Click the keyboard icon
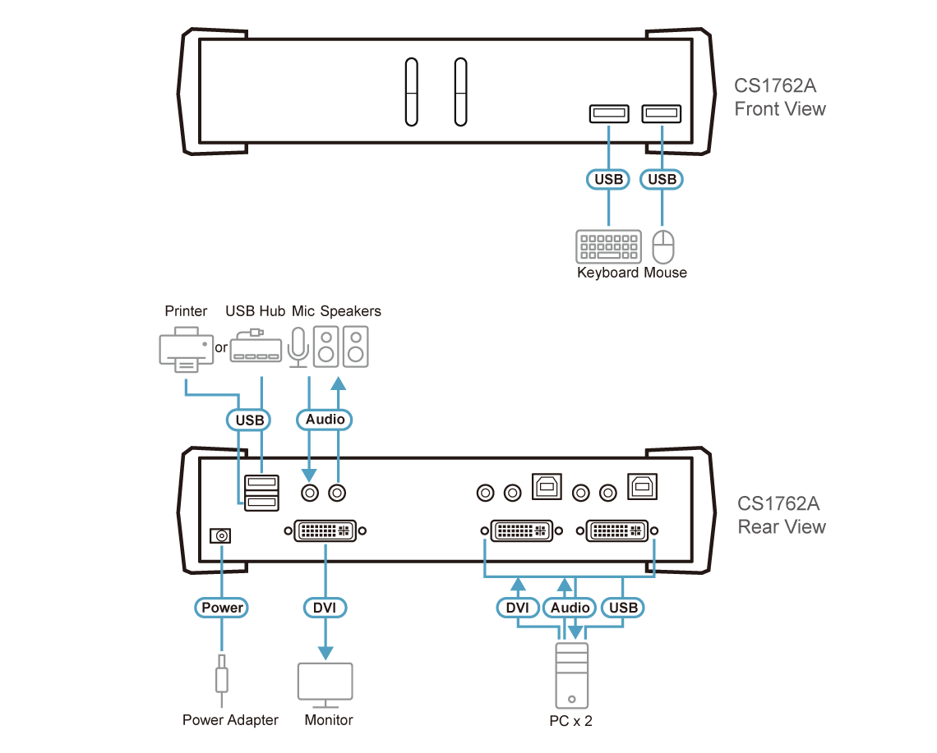(608, 246)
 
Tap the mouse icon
(664, 246)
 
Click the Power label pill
(222, 608)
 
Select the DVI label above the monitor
(325, 608)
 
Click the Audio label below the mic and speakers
(324, 420)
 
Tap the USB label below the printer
(249, 420)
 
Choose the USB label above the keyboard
(608, 179)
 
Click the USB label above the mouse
(662, 179)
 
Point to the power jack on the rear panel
(220, 536)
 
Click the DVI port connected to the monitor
(325, 530)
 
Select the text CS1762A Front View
(779, 98)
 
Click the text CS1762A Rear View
(781, 516)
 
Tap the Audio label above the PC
(570, 608)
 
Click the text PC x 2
(570, 720)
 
